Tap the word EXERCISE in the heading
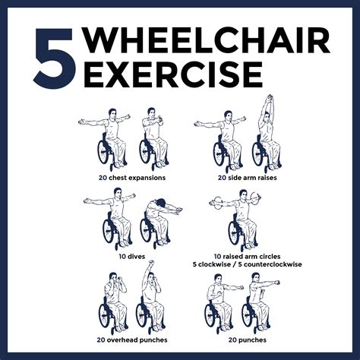point(172,76)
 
